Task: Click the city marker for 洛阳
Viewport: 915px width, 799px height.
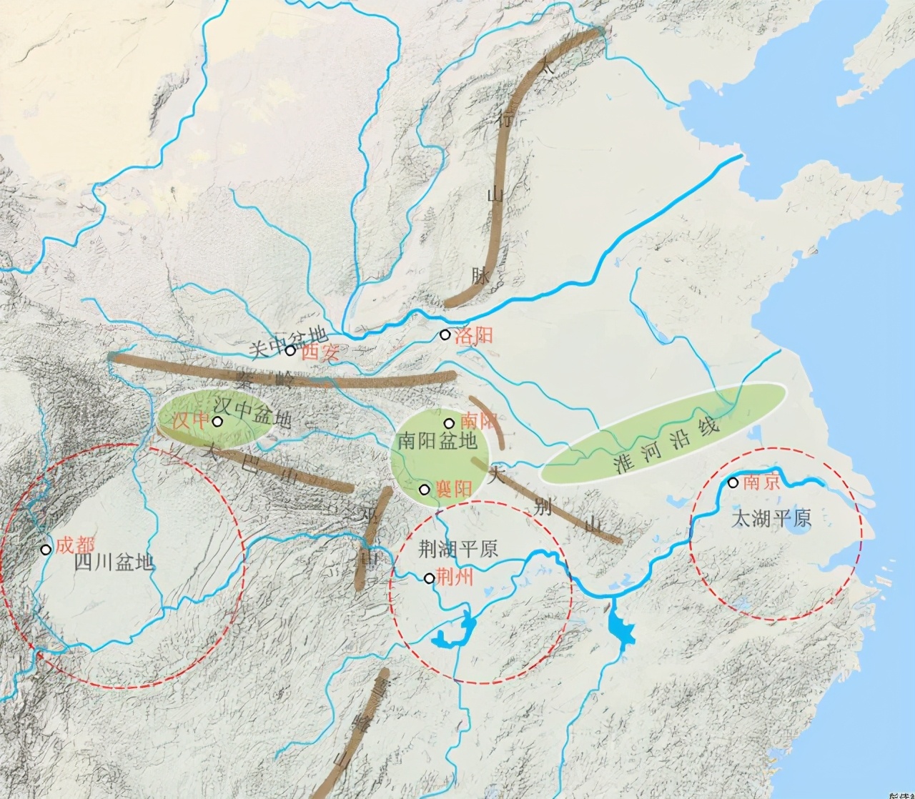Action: click(445, 334)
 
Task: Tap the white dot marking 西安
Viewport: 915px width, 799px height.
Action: click(290, 350)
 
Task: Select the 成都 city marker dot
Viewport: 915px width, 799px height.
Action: click(46, 549)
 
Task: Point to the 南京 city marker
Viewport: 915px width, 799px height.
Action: click(733, 482)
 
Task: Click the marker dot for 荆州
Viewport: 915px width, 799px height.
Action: click(429, 577)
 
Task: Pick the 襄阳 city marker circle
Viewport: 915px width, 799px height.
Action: click(424, 490)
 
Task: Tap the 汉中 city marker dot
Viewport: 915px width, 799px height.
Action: click(217, 422)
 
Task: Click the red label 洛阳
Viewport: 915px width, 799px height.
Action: click(475, 335)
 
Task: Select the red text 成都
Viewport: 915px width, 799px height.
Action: click(75, 546)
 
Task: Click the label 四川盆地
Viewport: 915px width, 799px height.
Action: click(114, 562)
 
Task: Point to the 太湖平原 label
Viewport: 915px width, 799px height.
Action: click(771, 518)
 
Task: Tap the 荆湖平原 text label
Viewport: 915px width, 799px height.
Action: click(458, 550)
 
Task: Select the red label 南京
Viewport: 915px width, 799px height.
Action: click(761, 482)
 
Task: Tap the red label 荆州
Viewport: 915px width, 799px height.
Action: click(455, 577)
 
